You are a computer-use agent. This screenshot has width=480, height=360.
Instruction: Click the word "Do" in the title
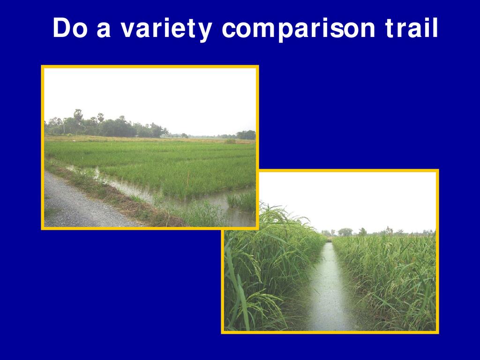point(70,28)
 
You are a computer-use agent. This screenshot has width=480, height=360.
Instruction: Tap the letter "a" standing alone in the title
point(104,30)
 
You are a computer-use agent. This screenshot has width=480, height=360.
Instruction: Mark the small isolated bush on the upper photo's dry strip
point(230,141)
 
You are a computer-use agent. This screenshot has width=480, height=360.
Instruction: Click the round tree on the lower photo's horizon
point(345,232)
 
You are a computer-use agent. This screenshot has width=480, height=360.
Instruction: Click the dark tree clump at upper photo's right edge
point(246,135)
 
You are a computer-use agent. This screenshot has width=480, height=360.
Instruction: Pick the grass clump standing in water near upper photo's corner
point(242,201)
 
